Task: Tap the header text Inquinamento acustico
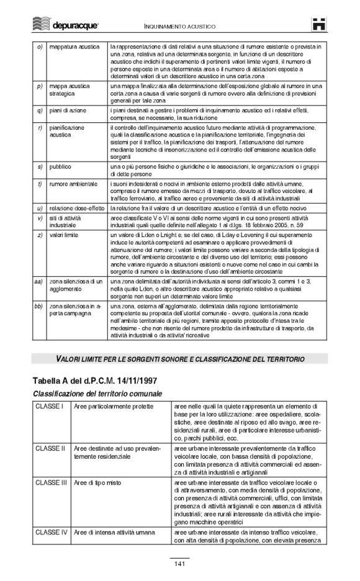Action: (x=180, y=27)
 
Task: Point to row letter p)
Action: (x=40, y=86)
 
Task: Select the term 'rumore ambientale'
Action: (x=73, y=184)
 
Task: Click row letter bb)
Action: (x=38, y=307)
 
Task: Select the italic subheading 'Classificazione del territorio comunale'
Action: (x=96, y=394)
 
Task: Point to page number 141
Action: (x=179, y=564)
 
